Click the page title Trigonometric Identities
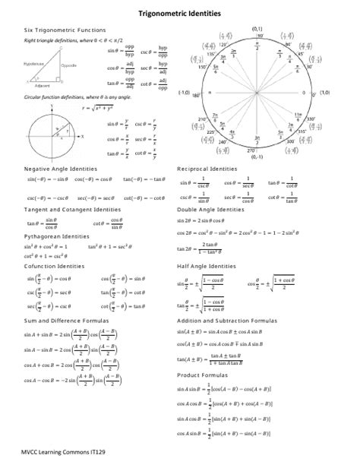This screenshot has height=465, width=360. tap(179, 14)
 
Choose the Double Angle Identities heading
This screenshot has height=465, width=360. tap(211, 209)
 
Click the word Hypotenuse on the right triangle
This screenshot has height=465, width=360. tap(33, 64)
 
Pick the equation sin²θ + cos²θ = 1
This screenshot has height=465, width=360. tap(46, 247)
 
